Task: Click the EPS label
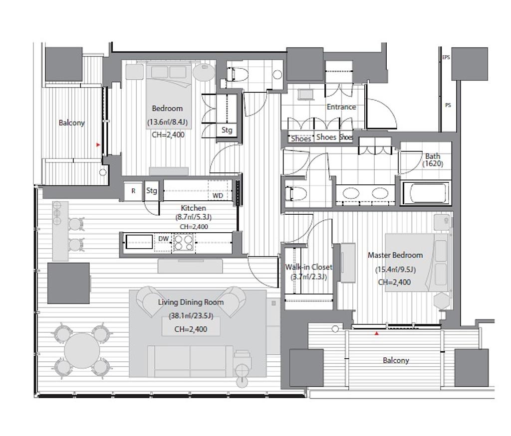[446, 57]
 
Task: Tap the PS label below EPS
[448, 105]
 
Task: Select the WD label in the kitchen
[218, 195]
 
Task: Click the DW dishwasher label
[163, 239]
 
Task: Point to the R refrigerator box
[133, 191]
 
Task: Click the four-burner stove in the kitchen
[183, 243]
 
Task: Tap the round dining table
[82, 351]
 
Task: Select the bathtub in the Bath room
[425, 193]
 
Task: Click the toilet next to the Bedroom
[238, 75]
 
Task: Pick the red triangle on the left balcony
[98, 145]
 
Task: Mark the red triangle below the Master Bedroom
[377, 333]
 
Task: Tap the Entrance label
[341, 107]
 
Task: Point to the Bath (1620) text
[433, 160]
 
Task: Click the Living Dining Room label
[191, 302]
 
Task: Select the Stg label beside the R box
[152, 191]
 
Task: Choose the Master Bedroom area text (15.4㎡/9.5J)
[395, 270]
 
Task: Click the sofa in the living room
[190, 361]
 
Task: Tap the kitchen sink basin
[139, 242]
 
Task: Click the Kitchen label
[193, 208]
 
